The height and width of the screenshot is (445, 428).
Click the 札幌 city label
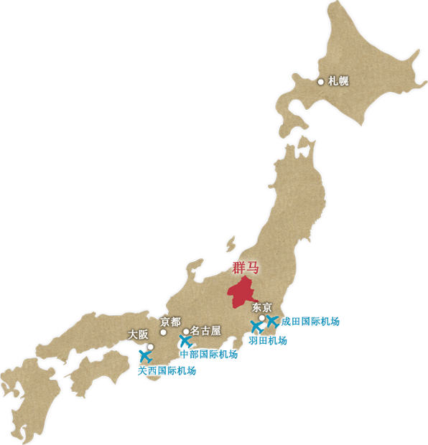(x=338, y=81)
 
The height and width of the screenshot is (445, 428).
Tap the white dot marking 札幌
(x=321, y=82)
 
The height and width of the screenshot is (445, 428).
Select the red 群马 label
(x=245, y=268)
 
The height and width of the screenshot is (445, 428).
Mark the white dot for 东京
(x=262, y=318)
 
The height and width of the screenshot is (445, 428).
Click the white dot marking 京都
(x=163, y=332)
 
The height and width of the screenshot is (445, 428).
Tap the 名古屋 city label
(x=206, y=332)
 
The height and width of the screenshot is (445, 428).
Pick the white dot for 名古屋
(x=186, y=332)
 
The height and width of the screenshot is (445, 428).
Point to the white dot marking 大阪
(x=151, y=347)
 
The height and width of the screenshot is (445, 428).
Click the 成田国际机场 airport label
(x=310, y=322)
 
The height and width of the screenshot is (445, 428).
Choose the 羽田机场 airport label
(x=267, y=341)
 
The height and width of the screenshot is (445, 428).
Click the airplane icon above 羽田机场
(x=256, y=327)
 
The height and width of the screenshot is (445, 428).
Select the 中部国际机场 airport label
(x=208, y=354)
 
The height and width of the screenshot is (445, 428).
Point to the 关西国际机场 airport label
(x=167, y=371)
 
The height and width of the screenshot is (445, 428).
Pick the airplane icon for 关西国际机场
(x=145, y=355)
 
